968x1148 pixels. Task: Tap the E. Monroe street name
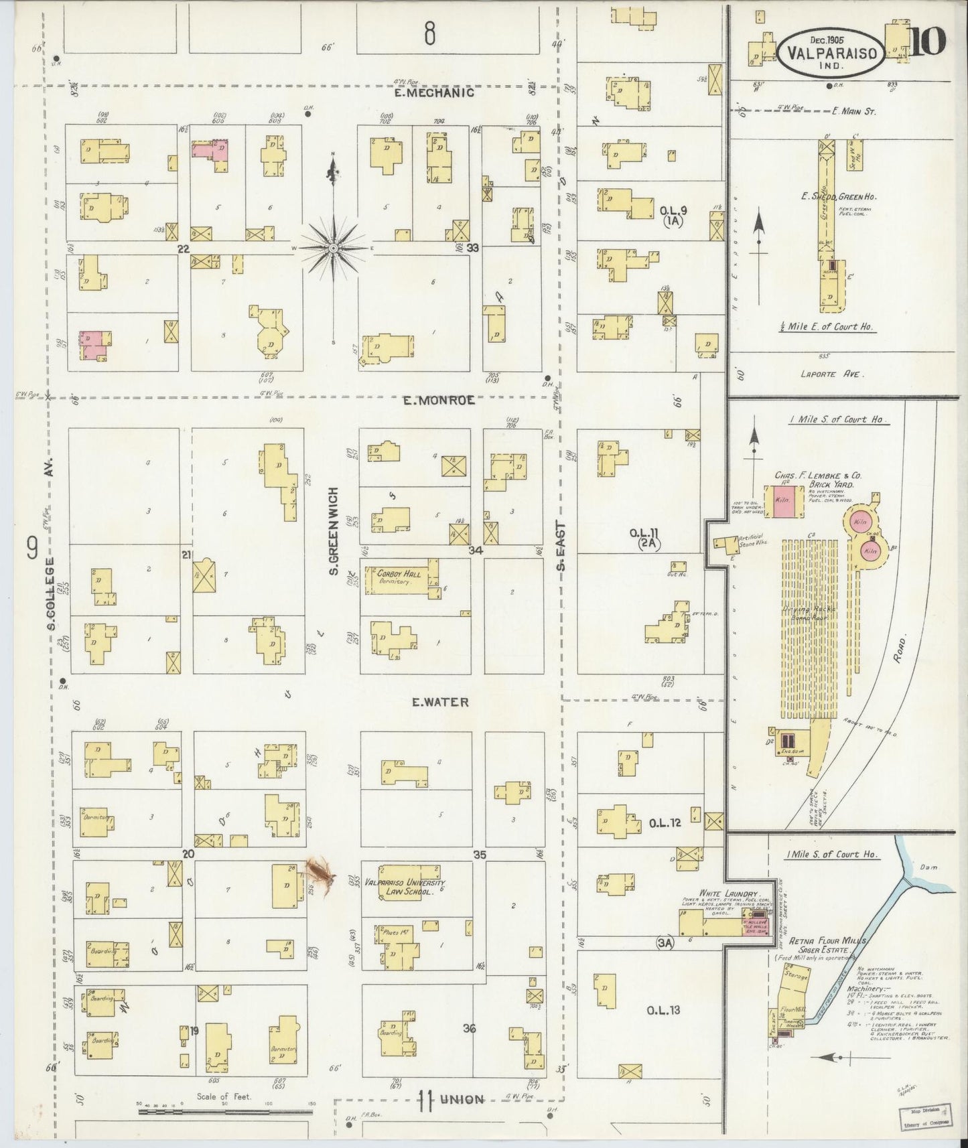439,400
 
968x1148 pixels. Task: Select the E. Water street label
439,702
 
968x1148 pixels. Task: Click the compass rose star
334,248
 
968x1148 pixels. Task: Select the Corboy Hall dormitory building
400,578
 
